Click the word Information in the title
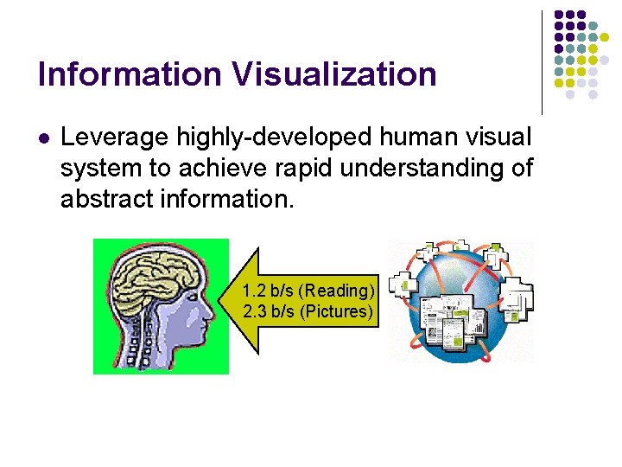click(130, 74)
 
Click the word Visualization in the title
click(333, 74)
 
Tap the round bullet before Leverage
click(43, 138)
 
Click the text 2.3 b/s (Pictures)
click(308, 311)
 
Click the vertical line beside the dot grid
click(542, 62)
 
